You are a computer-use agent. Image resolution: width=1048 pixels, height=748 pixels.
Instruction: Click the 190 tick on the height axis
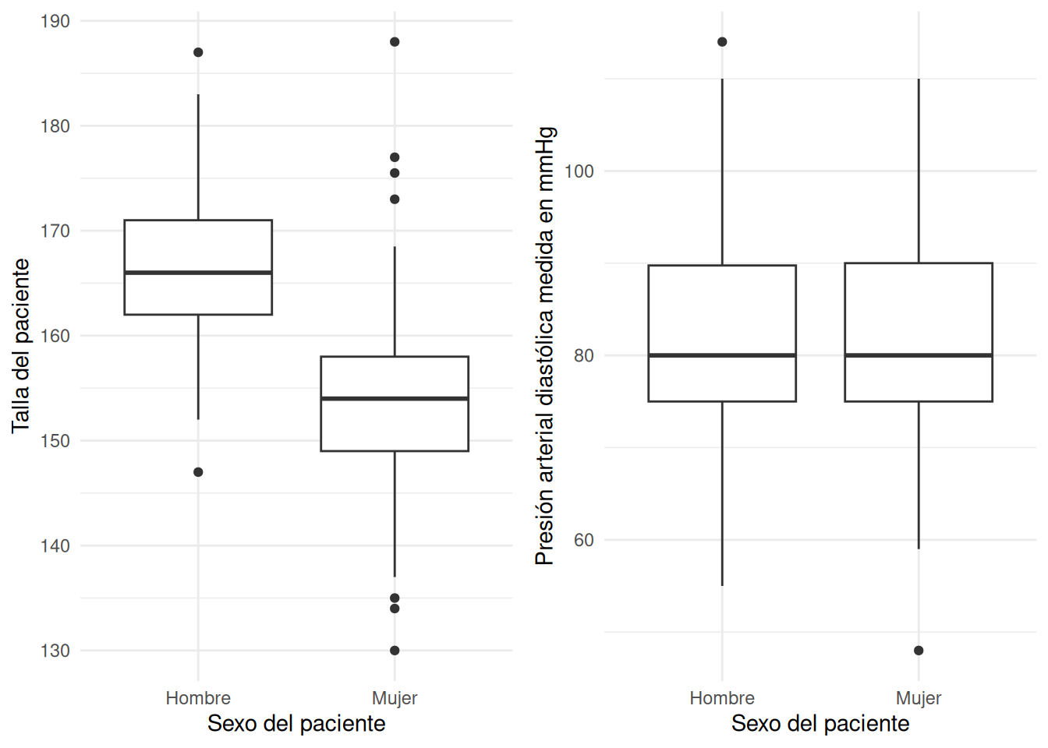55,21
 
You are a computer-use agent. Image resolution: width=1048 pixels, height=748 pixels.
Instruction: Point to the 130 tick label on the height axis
55,651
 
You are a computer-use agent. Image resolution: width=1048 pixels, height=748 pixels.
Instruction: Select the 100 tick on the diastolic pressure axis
579,171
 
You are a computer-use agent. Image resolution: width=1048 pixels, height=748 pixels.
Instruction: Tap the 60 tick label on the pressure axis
583,540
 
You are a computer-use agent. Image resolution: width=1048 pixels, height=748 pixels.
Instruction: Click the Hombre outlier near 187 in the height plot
198,52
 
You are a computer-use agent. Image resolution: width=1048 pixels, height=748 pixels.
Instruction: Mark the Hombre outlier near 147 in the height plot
198,472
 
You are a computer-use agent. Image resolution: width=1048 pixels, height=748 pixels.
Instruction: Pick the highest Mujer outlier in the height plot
395,42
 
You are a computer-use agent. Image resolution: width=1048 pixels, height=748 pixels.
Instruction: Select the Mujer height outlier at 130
395,651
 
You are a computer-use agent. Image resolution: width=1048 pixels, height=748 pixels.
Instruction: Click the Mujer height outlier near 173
395,199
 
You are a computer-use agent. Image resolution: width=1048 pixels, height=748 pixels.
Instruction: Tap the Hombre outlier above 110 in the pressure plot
722,42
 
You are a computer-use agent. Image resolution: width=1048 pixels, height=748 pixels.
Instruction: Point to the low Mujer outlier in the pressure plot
919,651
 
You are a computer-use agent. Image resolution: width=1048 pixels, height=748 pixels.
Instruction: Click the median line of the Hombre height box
198,273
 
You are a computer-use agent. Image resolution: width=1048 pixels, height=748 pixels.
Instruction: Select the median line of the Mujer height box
395,399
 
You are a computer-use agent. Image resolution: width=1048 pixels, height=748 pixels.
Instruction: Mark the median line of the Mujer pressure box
919,355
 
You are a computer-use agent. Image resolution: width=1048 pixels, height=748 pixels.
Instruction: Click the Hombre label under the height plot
198,698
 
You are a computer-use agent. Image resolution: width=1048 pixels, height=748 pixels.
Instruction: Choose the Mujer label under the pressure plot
919,698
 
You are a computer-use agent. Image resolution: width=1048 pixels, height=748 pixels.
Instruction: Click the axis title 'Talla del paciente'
21,346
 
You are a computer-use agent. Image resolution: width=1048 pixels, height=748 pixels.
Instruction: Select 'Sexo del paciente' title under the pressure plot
820,724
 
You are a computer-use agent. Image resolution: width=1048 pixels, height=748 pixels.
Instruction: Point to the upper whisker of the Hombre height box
198,156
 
